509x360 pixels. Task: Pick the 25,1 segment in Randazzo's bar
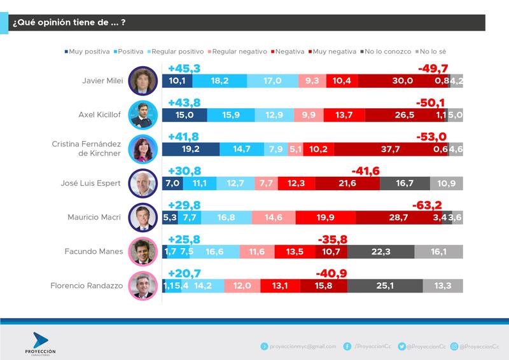tap(385, 286)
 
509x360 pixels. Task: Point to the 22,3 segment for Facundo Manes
tap(380, 252)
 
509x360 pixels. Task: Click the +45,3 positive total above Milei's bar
tap(184, 68)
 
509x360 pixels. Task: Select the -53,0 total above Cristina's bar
tap(431, 137)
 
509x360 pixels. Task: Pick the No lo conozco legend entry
tap(386, 51)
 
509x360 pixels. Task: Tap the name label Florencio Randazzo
tap(87, 286)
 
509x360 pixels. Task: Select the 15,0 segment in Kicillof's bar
tap(185, 115)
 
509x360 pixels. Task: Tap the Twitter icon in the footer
tap(402, 346)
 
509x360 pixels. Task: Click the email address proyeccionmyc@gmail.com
tap(302, 346)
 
